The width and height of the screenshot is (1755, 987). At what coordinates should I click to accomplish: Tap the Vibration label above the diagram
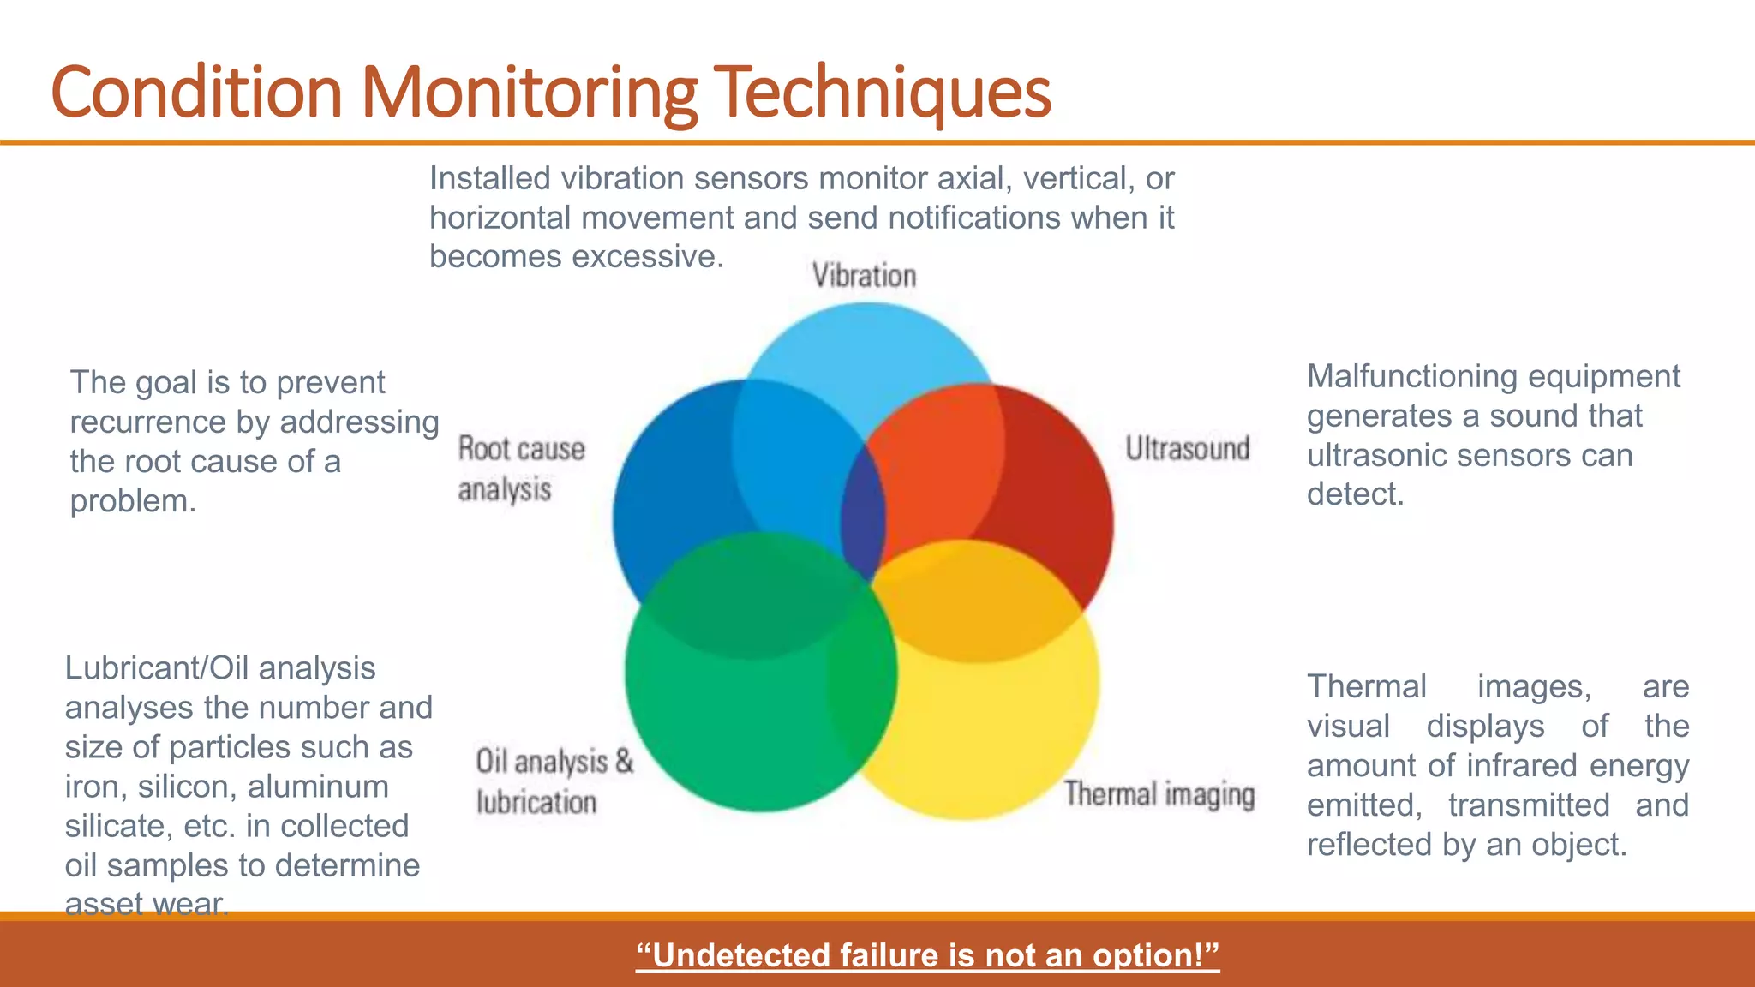click(864, 276)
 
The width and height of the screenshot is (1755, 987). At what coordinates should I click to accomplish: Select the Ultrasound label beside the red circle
click(1187, 448)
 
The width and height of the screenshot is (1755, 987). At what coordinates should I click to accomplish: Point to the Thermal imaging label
click(1159, 794)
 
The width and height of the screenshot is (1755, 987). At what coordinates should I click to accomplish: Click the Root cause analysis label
click(520, 469)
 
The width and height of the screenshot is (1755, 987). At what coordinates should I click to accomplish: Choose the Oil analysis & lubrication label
click(554, 781)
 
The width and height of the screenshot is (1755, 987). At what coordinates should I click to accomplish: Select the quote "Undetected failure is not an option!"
click(927, 954)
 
